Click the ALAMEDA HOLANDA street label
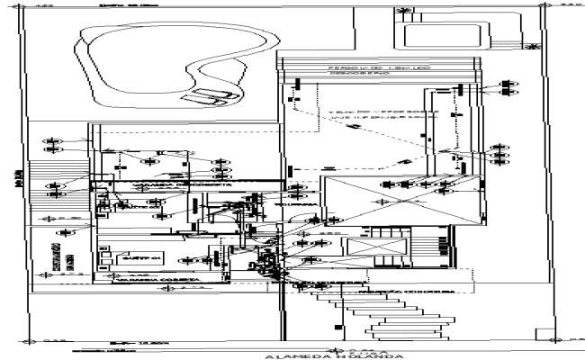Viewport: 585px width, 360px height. click(x=292, y=355)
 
